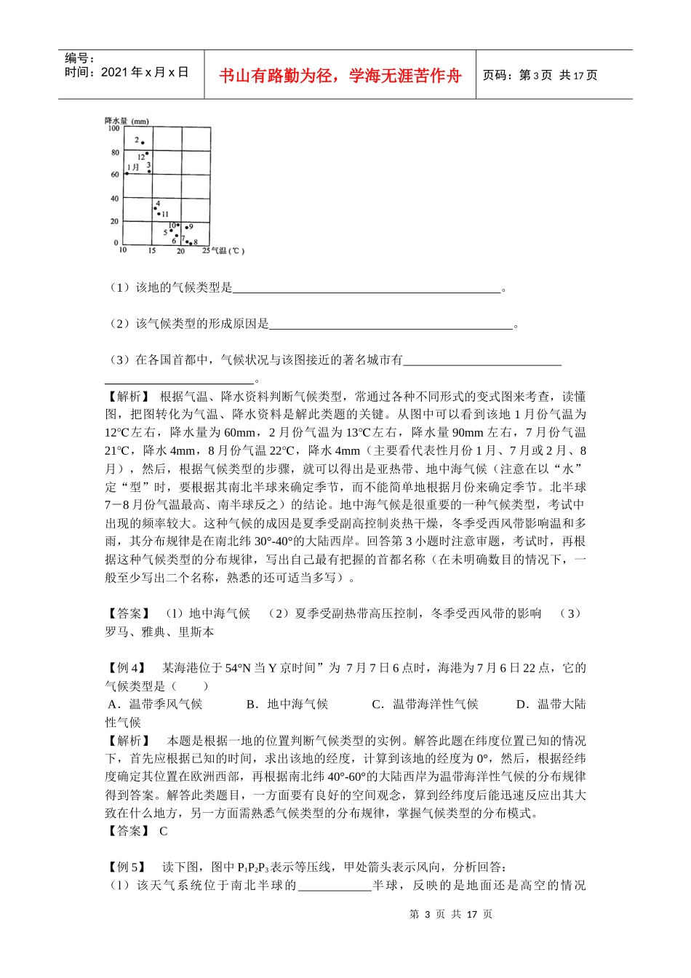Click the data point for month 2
coord(143,143)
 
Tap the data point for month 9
coord(186,228)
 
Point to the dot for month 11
coord(159,214)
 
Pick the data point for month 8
coord(191,243)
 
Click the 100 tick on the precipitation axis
coord(114,129)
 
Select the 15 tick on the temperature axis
coord(151,251)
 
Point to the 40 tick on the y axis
coord(114,199)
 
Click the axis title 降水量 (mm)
coord(127,121)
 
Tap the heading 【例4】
coord(127,668)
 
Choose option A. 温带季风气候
coord(155,704)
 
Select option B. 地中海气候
coord(287,704)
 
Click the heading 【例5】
coord(127,867)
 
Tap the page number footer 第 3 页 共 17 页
coord(451,914)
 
